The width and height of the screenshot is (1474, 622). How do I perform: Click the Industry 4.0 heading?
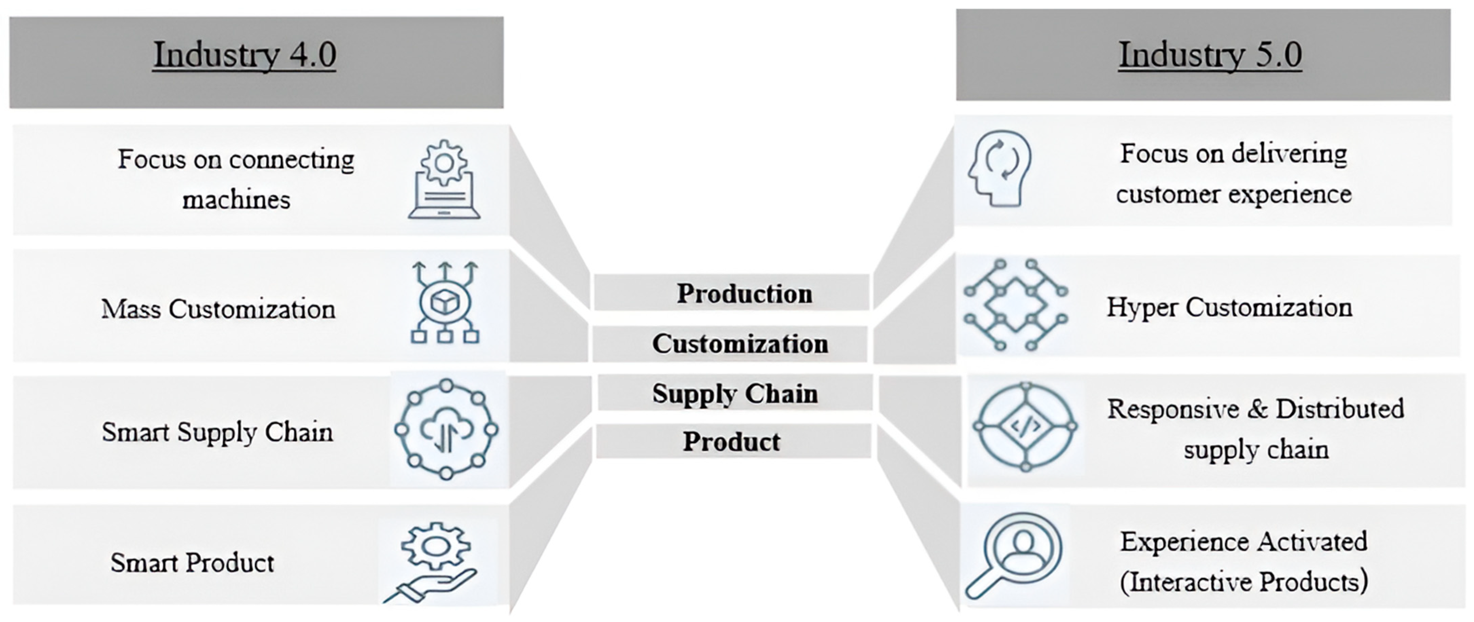[x=244, y=55]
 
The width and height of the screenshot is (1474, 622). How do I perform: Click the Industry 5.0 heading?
[x=1210, y=55]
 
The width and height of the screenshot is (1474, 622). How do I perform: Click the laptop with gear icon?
[x=444, y=180]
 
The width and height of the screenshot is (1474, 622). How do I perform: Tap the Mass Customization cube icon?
[x=444, y=302]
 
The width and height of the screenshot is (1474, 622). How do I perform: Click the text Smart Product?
[x=192, y=563]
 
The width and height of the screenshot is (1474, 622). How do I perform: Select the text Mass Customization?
[x=218, y=309]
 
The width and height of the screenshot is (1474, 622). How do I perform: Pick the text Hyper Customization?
[x=1229, y=307]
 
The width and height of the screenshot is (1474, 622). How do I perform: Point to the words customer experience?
[x=1234, y=194]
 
